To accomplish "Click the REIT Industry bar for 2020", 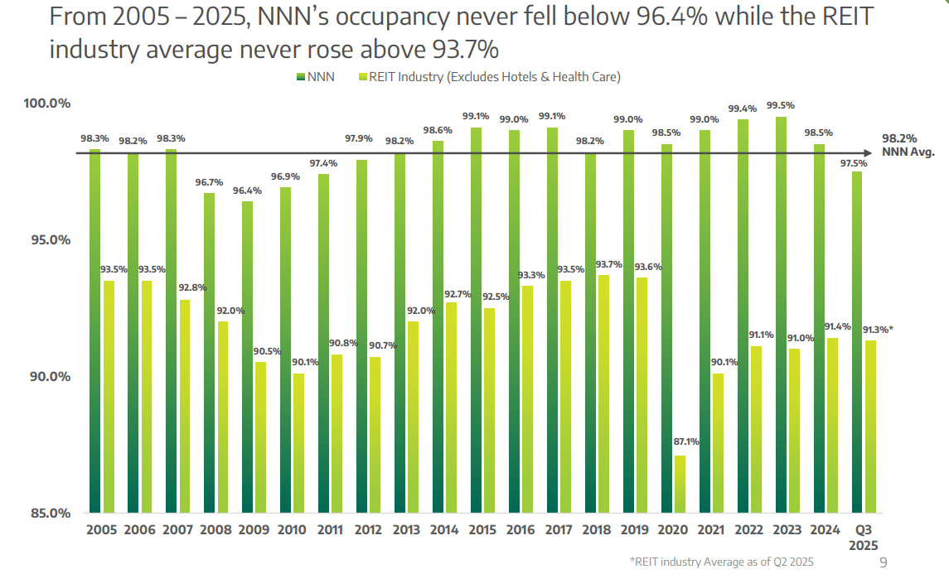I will click(x=680, y=484).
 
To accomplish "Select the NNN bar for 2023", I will click(x=781, y=315).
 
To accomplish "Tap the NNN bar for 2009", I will click(x=247, y=356).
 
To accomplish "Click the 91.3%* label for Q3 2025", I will click(x=876, y=329).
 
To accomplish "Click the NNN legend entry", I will click(x=315, y=77).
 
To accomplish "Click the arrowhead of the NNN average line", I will click(x=867, y=153).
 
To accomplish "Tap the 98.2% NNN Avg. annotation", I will click(x=906, y=145).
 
